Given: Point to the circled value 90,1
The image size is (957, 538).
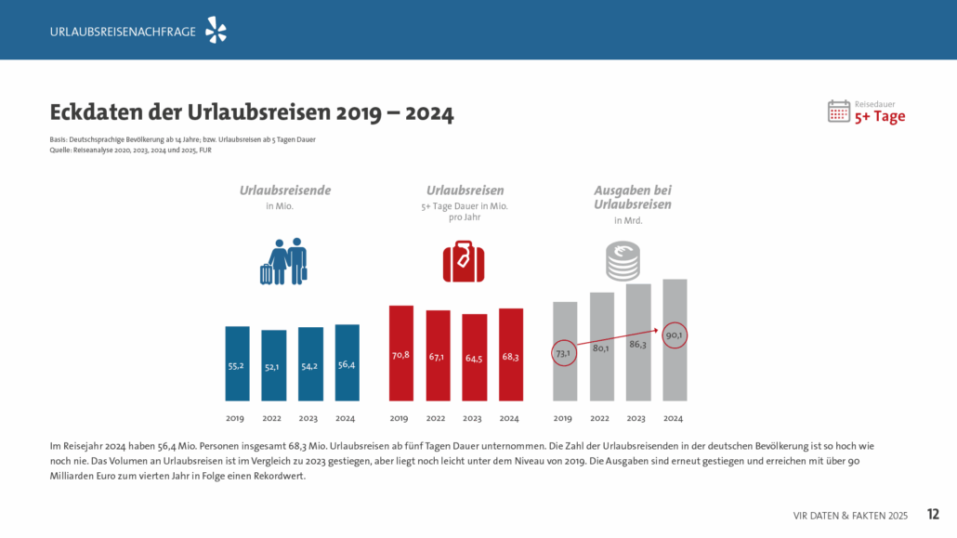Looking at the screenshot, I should pos(675,335).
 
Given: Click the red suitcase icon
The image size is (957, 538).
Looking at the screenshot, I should pos(463,261).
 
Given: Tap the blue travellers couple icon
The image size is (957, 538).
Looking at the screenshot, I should pos(283,262).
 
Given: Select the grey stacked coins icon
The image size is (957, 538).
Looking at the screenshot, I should pos(623,261).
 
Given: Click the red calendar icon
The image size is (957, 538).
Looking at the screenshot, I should pos(839,111).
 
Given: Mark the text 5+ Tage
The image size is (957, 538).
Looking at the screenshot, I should pos(880,117).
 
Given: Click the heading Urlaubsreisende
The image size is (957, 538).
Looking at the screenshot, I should pos(284,190).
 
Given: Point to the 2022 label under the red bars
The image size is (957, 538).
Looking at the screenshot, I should pos(438,418).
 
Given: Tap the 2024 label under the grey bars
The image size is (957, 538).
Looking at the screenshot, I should pos(674,418).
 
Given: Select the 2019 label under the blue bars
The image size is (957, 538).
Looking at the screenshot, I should pos(236,418).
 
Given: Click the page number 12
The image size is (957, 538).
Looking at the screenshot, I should pos(934,514).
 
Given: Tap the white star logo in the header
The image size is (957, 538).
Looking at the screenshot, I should pos(216,31).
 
